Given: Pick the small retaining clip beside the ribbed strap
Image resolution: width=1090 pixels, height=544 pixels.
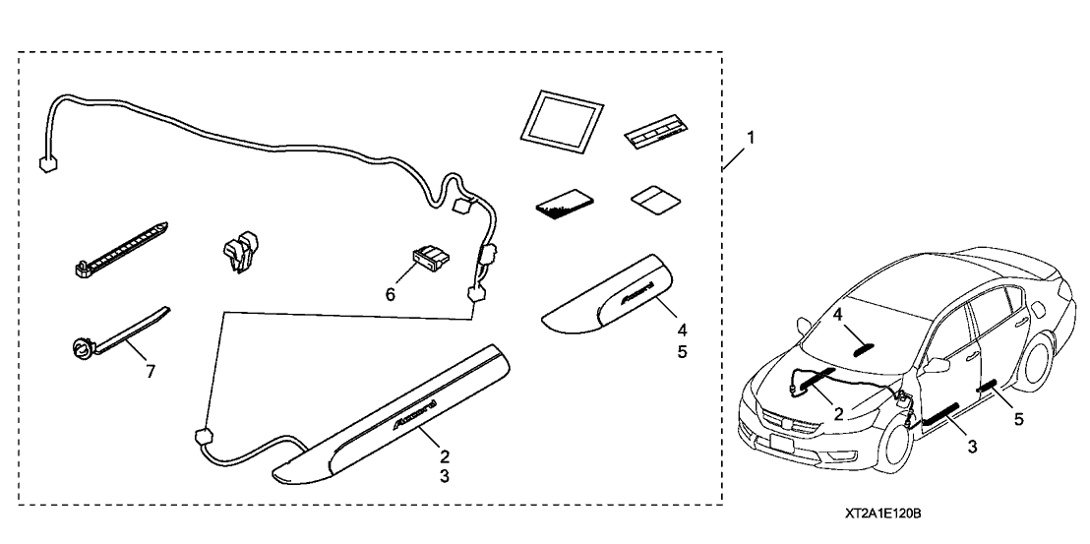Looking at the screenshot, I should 240,252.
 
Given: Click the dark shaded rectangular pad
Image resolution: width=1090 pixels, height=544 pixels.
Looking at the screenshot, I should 563,203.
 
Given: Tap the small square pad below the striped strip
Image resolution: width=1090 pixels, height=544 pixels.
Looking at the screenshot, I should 652,199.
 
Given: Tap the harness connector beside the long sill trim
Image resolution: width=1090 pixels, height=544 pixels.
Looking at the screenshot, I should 205,435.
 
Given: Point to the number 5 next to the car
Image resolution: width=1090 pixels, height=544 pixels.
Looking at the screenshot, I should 1018,419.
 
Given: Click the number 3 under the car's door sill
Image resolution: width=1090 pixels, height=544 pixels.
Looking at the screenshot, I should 971,447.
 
